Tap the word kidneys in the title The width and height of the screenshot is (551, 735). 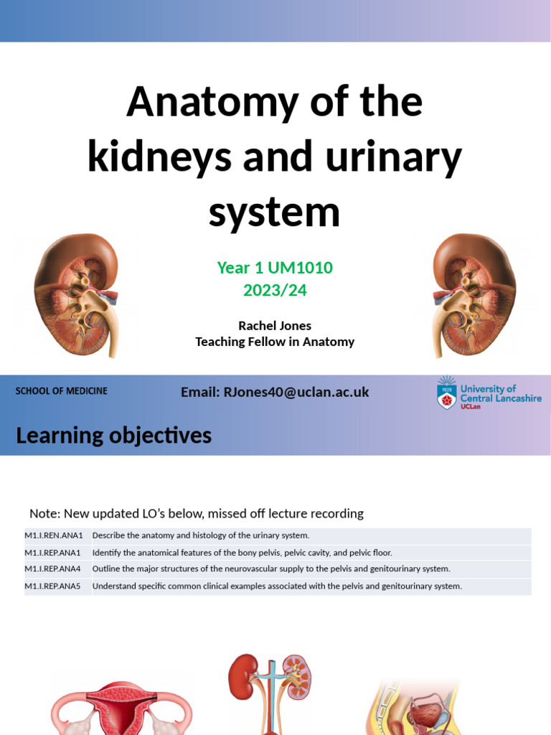159,156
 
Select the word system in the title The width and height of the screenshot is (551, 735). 274,212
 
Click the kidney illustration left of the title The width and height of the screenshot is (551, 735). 76,294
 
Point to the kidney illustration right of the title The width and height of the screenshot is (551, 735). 474,294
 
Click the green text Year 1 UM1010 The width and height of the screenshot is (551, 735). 275,268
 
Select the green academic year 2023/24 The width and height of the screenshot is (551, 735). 275,290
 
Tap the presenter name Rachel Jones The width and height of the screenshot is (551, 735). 275,326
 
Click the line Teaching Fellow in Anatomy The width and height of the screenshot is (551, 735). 275,342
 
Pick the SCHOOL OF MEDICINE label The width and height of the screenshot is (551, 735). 62,391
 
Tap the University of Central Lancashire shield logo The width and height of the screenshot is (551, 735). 447,393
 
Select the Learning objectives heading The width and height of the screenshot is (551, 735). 113,435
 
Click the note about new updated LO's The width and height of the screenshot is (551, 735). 196,513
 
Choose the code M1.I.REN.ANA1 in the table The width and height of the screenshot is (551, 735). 54,535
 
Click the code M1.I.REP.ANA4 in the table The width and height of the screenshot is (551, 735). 54,569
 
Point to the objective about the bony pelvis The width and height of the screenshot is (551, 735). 242,553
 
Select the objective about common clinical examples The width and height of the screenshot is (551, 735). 277,586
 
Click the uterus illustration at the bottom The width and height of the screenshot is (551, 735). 122,707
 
